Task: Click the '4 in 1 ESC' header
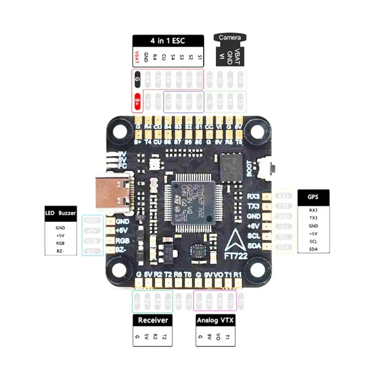[168, 41]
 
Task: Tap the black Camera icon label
[229, 38]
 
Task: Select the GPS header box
[313, 197]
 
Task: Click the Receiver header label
[153, 320]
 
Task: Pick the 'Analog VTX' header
[215, 321]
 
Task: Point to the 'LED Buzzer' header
[60, 213]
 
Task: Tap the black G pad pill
[137, 79]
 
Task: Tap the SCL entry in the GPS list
[313, 241]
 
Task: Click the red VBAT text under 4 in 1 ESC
[137, 57]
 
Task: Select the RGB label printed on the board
[123, 240]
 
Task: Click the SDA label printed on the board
[254, 246]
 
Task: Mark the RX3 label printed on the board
[254, 196]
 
